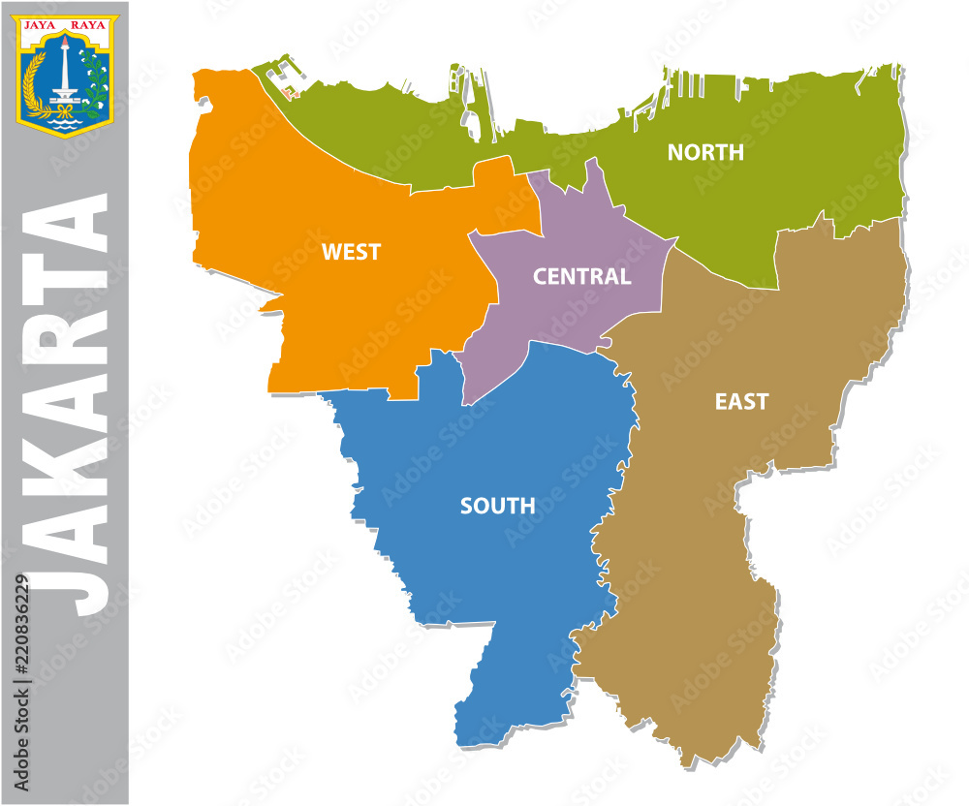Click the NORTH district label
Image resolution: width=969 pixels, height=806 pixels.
[x=705, y=152]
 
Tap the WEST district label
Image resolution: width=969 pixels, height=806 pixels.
[x=351, y=252]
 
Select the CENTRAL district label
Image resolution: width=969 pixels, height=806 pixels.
[x=581, y=276]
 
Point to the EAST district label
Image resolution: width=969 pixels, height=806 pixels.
[x=741, y=401]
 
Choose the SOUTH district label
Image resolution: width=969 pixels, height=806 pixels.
[x=497, y=506]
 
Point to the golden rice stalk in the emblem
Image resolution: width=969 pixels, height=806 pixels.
[x=35, y=82]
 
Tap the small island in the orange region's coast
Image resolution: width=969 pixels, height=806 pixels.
[x=290, y=93]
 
